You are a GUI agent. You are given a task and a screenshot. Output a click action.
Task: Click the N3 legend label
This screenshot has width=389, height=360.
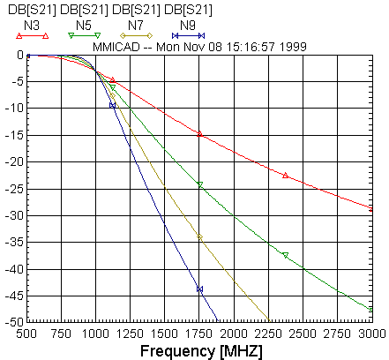[32, 26]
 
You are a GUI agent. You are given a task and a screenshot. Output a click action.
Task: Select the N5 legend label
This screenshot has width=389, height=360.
[84, 26]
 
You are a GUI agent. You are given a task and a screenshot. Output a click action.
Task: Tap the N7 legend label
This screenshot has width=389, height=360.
[136, 26]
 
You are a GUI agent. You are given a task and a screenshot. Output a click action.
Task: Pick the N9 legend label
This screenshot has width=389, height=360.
[188, 26]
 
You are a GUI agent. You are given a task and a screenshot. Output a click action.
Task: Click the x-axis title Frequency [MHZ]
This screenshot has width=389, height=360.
[201, 351]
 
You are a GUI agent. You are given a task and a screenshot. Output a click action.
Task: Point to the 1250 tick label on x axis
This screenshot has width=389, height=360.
[130, 334]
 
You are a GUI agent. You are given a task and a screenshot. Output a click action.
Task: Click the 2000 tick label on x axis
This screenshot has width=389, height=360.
[234, 334]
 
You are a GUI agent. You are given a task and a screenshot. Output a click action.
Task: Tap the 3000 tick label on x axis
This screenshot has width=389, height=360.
[372, 334]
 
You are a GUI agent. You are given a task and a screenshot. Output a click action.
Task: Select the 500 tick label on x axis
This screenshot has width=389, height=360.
[26, 334]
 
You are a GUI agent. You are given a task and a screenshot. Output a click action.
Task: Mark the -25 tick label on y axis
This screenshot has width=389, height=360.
[14, 189]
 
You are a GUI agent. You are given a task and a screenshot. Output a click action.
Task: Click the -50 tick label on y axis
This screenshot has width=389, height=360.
[14, 322]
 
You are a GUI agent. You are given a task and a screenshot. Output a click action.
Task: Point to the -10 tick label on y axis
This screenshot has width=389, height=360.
[14, 109]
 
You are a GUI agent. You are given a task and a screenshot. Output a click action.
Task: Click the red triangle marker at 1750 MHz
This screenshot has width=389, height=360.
[200, 134]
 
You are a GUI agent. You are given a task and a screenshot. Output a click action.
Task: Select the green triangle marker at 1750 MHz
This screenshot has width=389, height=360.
[200, 184]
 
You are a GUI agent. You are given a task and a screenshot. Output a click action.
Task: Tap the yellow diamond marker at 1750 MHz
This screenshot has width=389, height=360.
[200, 237]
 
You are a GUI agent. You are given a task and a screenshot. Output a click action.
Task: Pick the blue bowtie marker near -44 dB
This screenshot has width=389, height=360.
[200, 289]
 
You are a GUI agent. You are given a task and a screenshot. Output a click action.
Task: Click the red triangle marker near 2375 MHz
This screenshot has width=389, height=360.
[285, 176]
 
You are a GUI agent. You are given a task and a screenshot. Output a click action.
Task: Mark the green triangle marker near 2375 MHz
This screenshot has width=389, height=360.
[285, 255]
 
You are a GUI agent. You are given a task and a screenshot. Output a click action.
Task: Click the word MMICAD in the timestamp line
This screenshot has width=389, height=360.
[116, 47]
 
